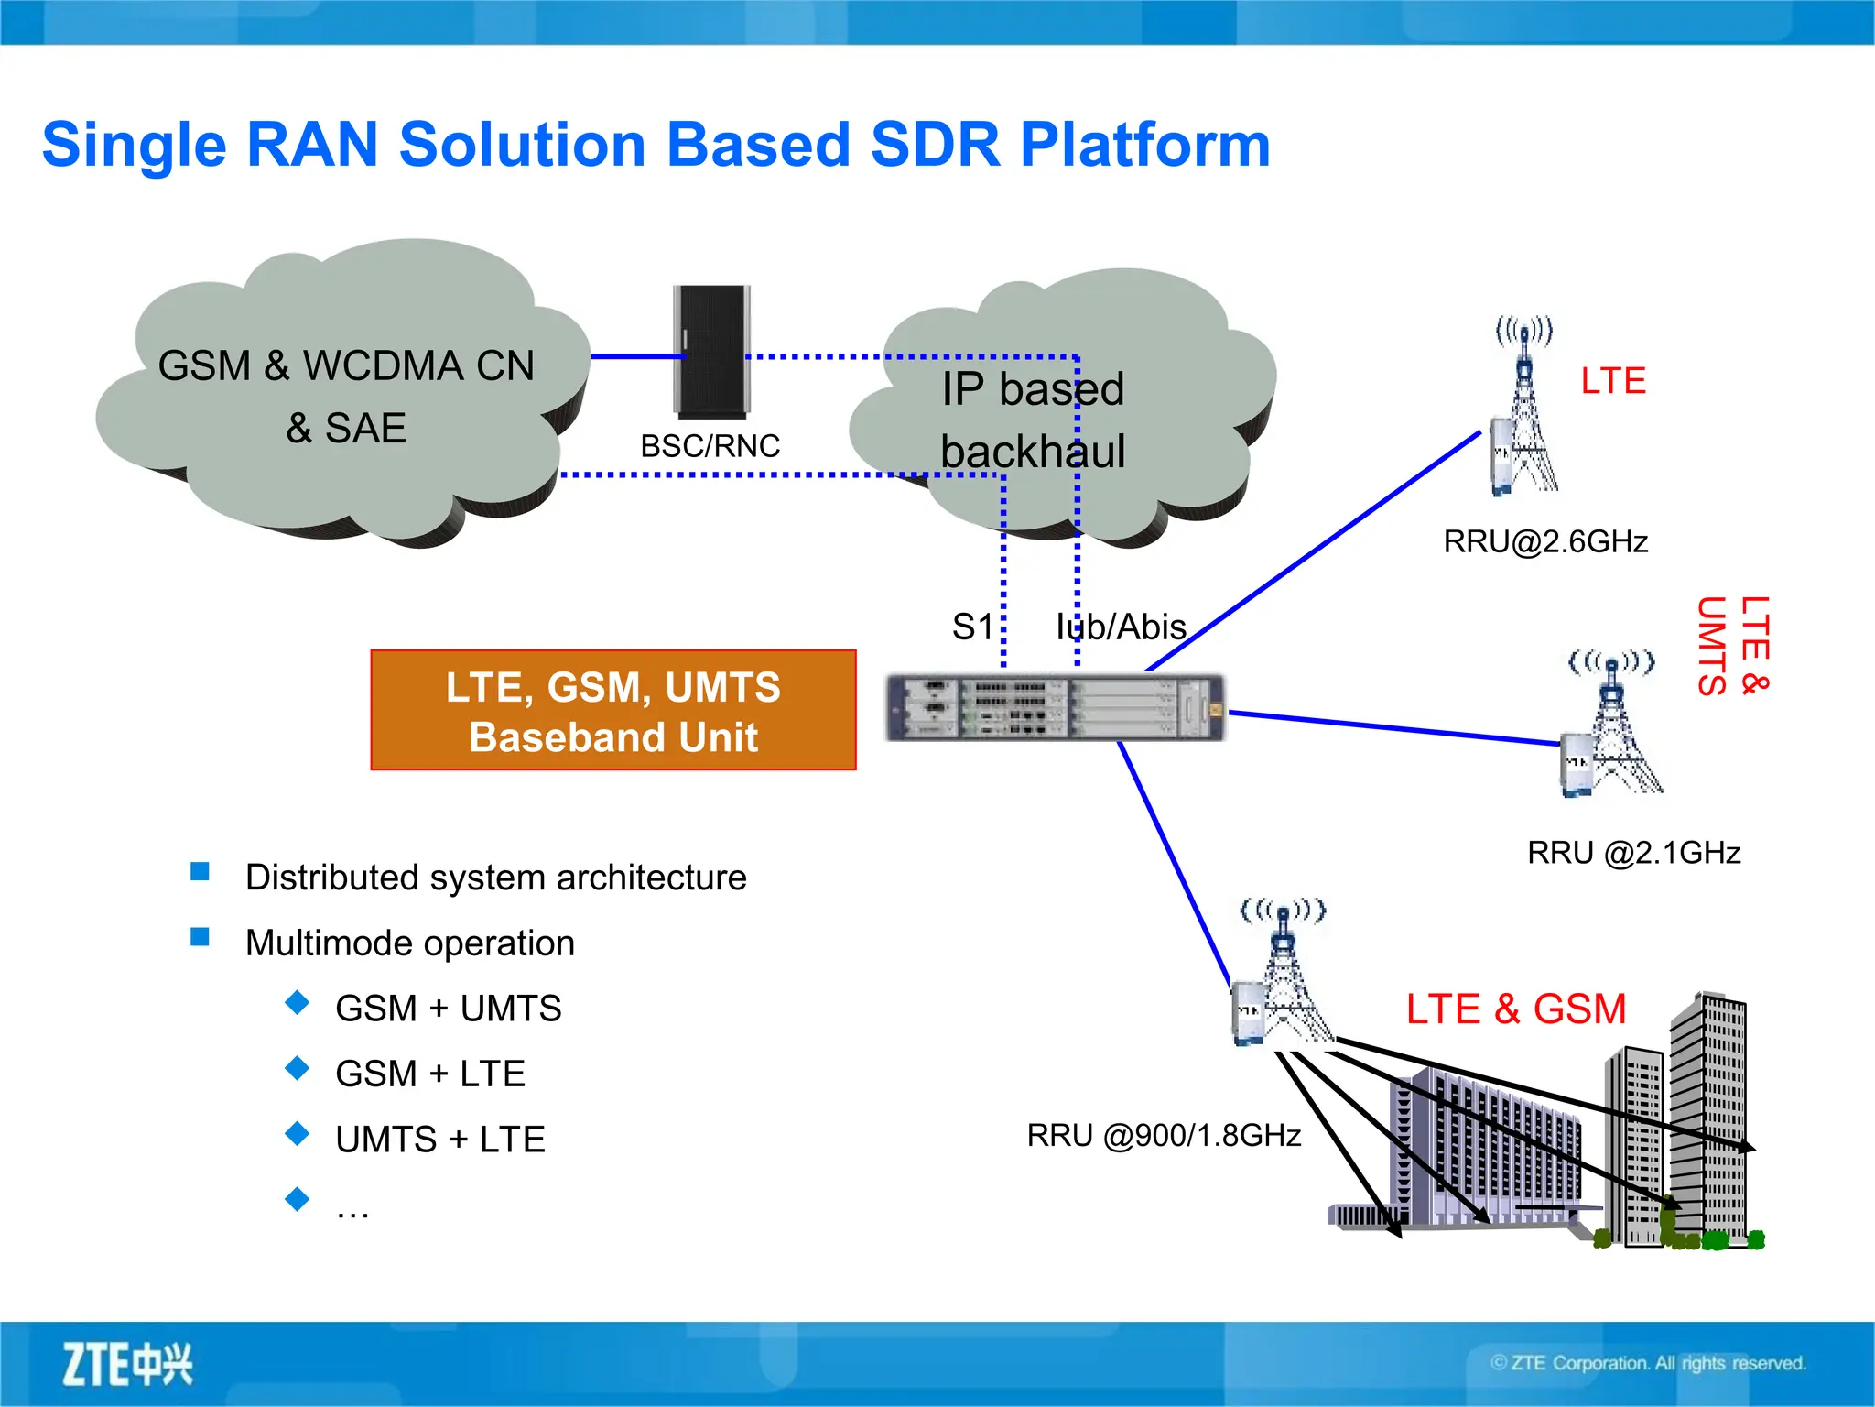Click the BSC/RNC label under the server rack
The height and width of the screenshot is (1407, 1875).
[710, 446]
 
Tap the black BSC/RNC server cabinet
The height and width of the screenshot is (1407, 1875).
[712, 352]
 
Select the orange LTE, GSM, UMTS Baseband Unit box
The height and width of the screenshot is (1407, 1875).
[612, 711]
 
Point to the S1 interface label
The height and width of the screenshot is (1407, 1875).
[972, 627]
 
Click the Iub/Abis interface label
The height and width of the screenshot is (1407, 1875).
[1121, 627]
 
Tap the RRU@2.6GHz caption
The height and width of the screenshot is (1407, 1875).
[1545, 541]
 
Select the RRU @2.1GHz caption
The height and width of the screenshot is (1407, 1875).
[1633, 853]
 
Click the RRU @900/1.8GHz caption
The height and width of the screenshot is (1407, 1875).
[1164, 1136]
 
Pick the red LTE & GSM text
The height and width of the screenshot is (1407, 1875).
[1516, 1009]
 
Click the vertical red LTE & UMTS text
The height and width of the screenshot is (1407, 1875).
[1732, 646]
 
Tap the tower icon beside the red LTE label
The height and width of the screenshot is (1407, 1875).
[1523, 408]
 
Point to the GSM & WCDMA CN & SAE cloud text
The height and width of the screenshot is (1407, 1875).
[346, 396]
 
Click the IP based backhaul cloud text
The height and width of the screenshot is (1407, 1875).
[1033, 420]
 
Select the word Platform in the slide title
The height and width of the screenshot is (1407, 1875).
[1144, 145]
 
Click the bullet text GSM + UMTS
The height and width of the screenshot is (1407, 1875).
[448, 1009]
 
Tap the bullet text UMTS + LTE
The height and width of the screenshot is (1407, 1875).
[440, 1140]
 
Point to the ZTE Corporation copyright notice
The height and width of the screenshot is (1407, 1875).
[1648, 1363]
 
